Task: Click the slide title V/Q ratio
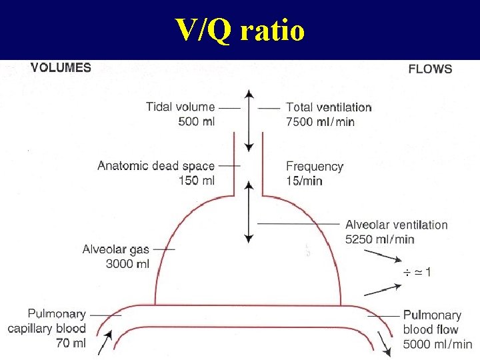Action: (240, 30)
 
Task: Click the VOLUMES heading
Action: (61, 67)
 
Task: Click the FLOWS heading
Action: (429, 69)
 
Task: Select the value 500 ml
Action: (197, 121)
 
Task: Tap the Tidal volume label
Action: (181, 107)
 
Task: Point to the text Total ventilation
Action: (329, 107)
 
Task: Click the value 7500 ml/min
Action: (320, 121)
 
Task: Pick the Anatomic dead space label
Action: (156, 166)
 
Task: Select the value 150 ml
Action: (197, 180)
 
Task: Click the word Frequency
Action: (315, 166)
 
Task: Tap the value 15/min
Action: (304, 180)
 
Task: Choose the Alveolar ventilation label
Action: (396, 225)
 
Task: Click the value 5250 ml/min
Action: (379, 239)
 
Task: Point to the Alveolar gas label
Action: (116, 249)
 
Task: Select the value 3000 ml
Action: (128, 263)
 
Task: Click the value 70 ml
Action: (71, 343)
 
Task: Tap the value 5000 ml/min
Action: (437, 344)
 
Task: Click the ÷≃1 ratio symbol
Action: (417, 272)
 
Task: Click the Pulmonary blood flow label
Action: (431, 322)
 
